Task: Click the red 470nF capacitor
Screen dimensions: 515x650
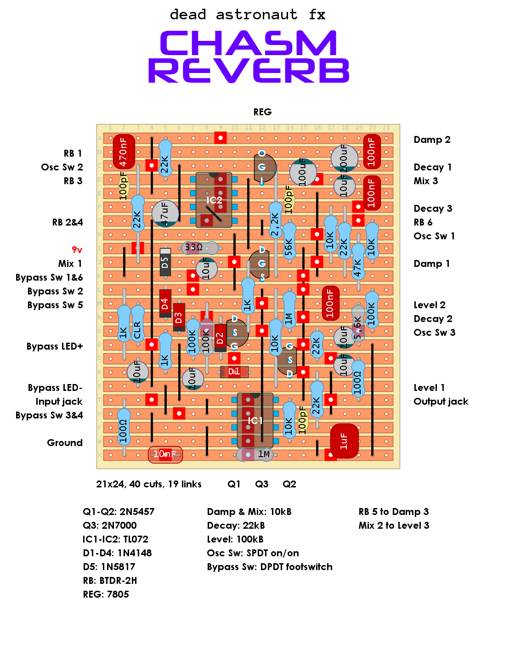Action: pos(124,151)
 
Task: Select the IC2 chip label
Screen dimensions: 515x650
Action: pos(214,200)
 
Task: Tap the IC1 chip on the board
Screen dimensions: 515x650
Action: pos(255,420)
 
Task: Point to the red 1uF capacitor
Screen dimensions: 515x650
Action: pos(345,441)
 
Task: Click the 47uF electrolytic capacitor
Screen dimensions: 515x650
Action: pos(165,214)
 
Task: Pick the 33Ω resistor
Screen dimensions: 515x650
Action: pos(200,248)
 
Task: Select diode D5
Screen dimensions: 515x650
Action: pos(165,262)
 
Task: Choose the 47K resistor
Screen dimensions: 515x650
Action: pos(358,261)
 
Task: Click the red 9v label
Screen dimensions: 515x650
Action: pos(77,250)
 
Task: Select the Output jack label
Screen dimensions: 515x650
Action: pos(441,401)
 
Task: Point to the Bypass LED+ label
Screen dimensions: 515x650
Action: pos(55,346)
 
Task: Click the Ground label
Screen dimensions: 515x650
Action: pos(65,443)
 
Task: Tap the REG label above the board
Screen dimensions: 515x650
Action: pos(262,112)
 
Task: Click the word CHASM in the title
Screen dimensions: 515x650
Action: pos(248,43)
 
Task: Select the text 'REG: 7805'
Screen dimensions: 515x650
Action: pos(106,594)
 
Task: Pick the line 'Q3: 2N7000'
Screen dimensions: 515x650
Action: pos(110,526)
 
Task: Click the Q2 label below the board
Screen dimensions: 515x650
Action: pos(289,484)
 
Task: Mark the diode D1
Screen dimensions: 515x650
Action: pos(234,372)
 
